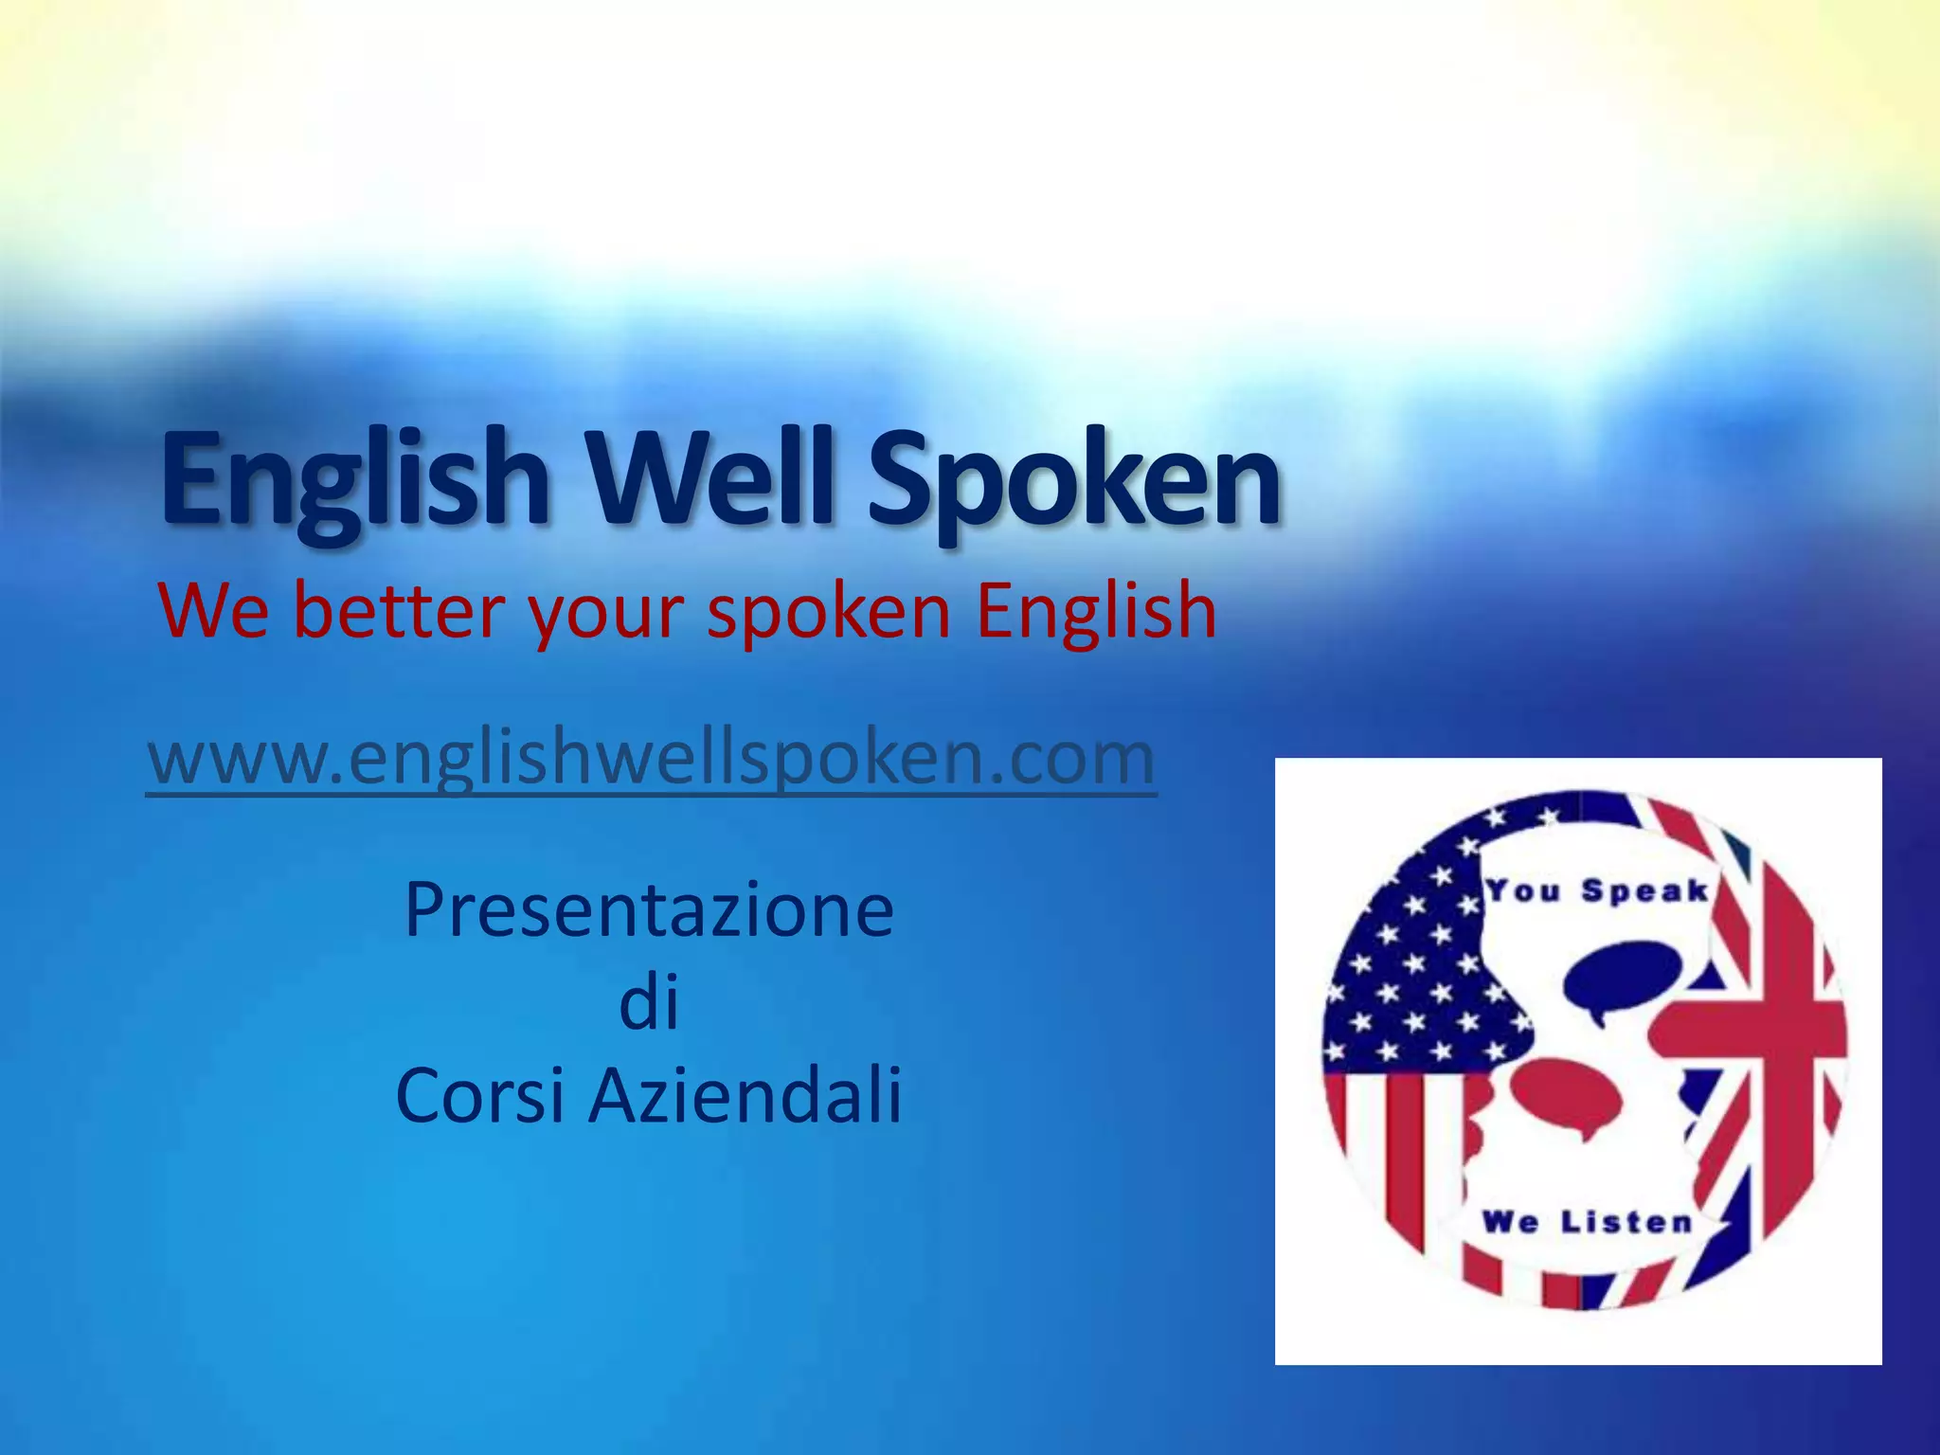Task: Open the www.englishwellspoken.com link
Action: (x=652, y=758)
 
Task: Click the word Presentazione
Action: (x=649, y=909)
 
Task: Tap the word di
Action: (x=649, y=1004)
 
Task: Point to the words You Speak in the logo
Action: (x=1597, y=891)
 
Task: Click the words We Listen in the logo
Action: (x=1588, y=1222)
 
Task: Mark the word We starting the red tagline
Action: (x=215, y=611)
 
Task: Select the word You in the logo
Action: (x=1523, y=890)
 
